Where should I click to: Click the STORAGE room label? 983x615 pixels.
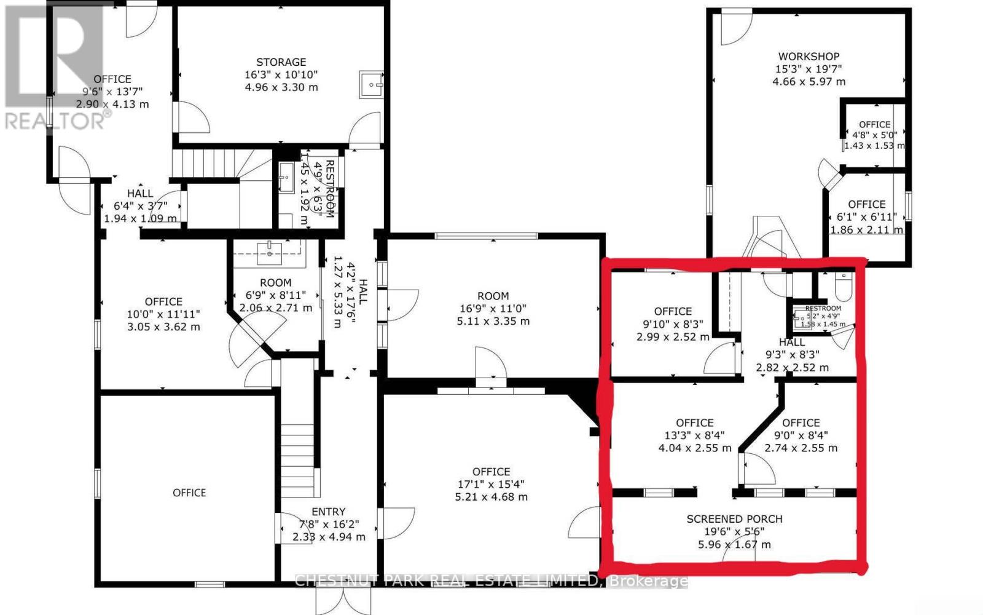(x=281, y=62)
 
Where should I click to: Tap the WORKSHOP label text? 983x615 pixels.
(x=809, y=57)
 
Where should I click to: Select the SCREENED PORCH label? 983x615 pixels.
(x=734, y=519)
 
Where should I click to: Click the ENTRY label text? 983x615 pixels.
(x=329, y=512)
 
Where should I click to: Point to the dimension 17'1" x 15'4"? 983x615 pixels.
(x=491, y=484)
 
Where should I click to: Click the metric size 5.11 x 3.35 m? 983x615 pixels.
(x=493, y=321)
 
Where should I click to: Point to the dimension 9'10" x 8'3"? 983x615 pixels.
(x=673, y=324)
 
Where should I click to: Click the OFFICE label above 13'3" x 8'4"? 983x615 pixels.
(x=694, y=423)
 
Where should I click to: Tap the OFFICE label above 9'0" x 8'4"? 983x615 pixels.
(x=801, y=423)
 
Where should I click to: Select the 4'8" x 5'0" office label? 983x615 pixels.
(x=874, y=135)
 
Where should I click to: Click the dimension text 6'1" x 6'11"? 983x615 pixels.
(x=866, y=217)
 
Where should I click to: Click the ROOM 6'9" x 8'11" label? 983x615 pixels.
(x=275, y=283)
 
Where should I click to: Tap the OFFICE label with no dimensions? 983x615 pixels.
(x=189, y=493)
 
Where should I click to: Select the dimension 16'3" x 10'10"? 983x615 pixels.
(x=281, y=74)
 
